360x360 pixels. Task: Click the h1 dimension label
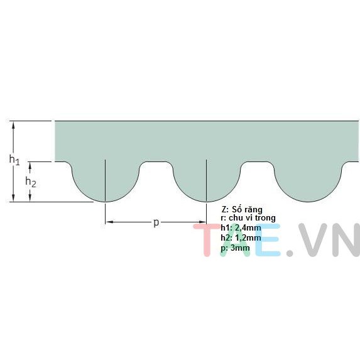pyautogui.click(x=14, y=160)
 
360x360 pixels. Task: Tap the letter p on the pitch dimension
pyautogui.click(x=156, y=222)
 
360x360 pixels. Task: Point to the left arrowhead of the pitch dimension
pyautogui.click(x=110, y=222)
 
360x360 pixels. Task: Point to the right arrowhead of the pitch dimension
pyautogui.click(x=202, y=222)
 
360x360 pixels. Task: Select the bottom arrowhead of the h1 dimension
pyautogui.click(x=13, y=198)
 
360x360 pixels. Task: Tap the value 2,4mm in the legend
pyautogui.click(x=248, y=228)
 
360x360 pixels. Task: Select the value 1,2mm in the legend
pyautogui.click(x=248, y=238)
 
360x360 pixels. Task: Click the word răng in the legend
pyautogui.click(x=253, y=210)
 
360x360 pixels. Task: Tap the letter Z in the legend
pyautogui.click(x=224, y=210)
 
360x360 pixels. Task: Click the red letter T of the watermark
pyautogui.click(x=207, y=239)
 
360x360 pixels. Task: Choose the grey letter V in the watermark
pyautogui.click(x=312, y=239)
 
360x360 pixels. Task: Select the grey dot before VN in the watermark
pyautogui.click(x=290, y=253)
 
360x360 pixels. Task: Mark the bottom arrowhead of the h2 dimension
pyautogui.click(x=30, y=198)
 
